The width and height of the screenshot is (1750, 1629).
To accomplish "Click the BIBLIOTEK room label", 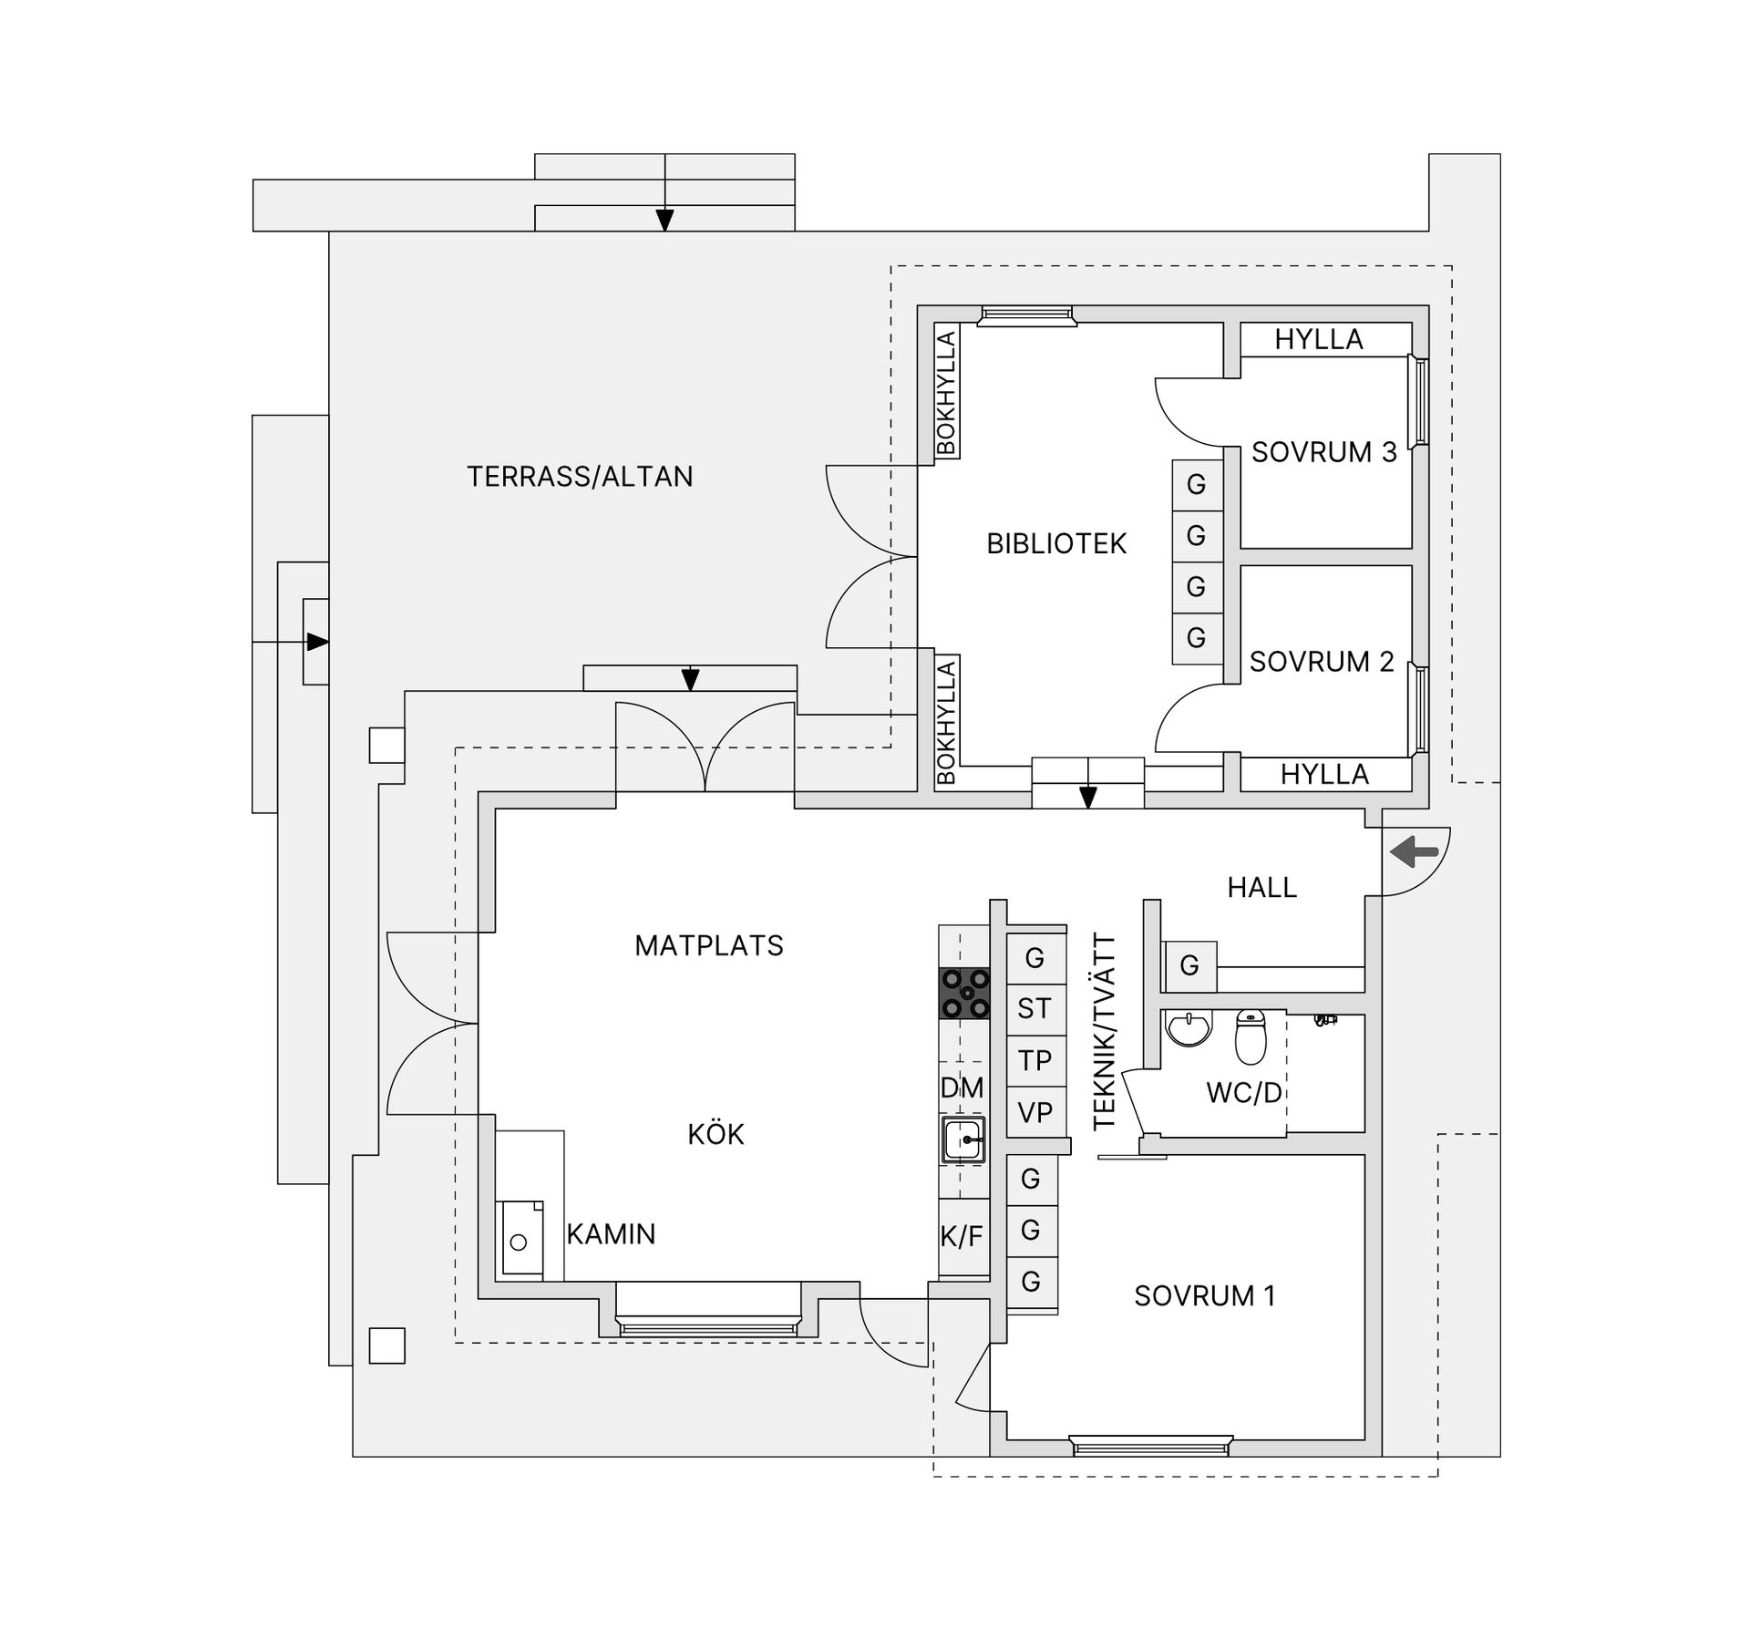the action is [x=1056, y=544].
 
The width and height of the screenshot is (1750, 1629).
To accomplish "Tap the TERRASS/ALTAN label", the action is [x=580, y=477].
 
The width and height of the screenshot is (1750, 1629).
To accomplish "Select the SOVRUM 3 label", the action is [x=1323, y=452].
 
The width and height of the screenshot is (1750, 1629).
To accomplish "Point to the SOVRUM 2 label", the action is [x=1322, y=662].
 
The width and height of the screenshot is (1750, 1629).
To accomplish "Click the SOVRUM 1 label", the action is [x=1205, y=1296].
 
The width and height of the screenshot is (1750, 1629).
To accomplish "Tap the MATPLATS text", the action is [x=709, y=946].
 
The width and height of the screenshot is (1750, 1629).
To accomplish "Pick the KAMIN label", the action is [x=611, y=1234].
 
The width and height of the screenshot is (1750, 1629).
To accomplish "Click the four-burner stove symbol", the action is [x=964, y=993].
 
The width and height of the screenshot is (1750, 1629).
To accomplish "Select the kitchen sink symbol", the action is [x=963, y=1139].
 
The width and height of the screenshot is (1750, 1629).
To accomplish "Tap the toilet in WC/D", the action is [x=1251, y=1036].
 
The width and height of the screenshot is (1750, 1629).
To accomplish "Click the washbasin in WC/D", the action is [x=1189, y=1028].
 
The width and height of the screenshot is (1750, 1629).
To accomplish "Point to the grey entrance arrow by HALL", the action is [x=1414, y=853].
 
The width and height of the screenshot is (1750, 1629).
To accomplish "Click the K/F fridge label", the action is [x=962, y=1237].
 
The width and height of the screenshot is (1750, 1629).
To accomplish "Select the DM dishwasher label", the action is [x=962, y=1088].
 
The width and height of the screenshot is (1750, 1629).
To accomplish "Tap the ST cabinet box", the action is [x=1035, y=1010].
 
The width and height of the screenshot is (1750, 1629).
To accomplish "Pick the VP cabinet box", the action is [x=1035, y=1113].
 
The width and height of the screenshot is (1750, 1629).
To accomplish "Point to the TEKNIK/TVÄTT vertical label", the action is [x=1104, y=1032].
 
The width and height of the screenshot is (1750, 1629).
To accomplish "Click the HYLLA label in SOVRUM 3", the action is [x=1319, y=340].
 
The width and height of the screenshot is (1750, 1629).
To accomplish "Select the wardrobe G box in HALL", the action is [x=1189, y=966].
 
